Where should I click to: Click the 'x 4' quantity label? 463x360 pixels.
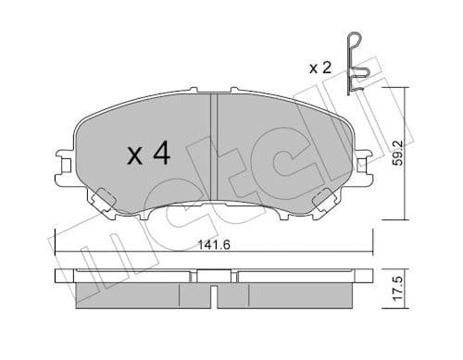[x=149, y=155]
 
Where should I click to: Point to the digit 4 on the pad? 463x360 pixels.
[x=161, y=155]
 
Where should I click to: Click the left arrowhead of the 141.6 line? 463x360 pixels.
[x=59, y=254]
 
